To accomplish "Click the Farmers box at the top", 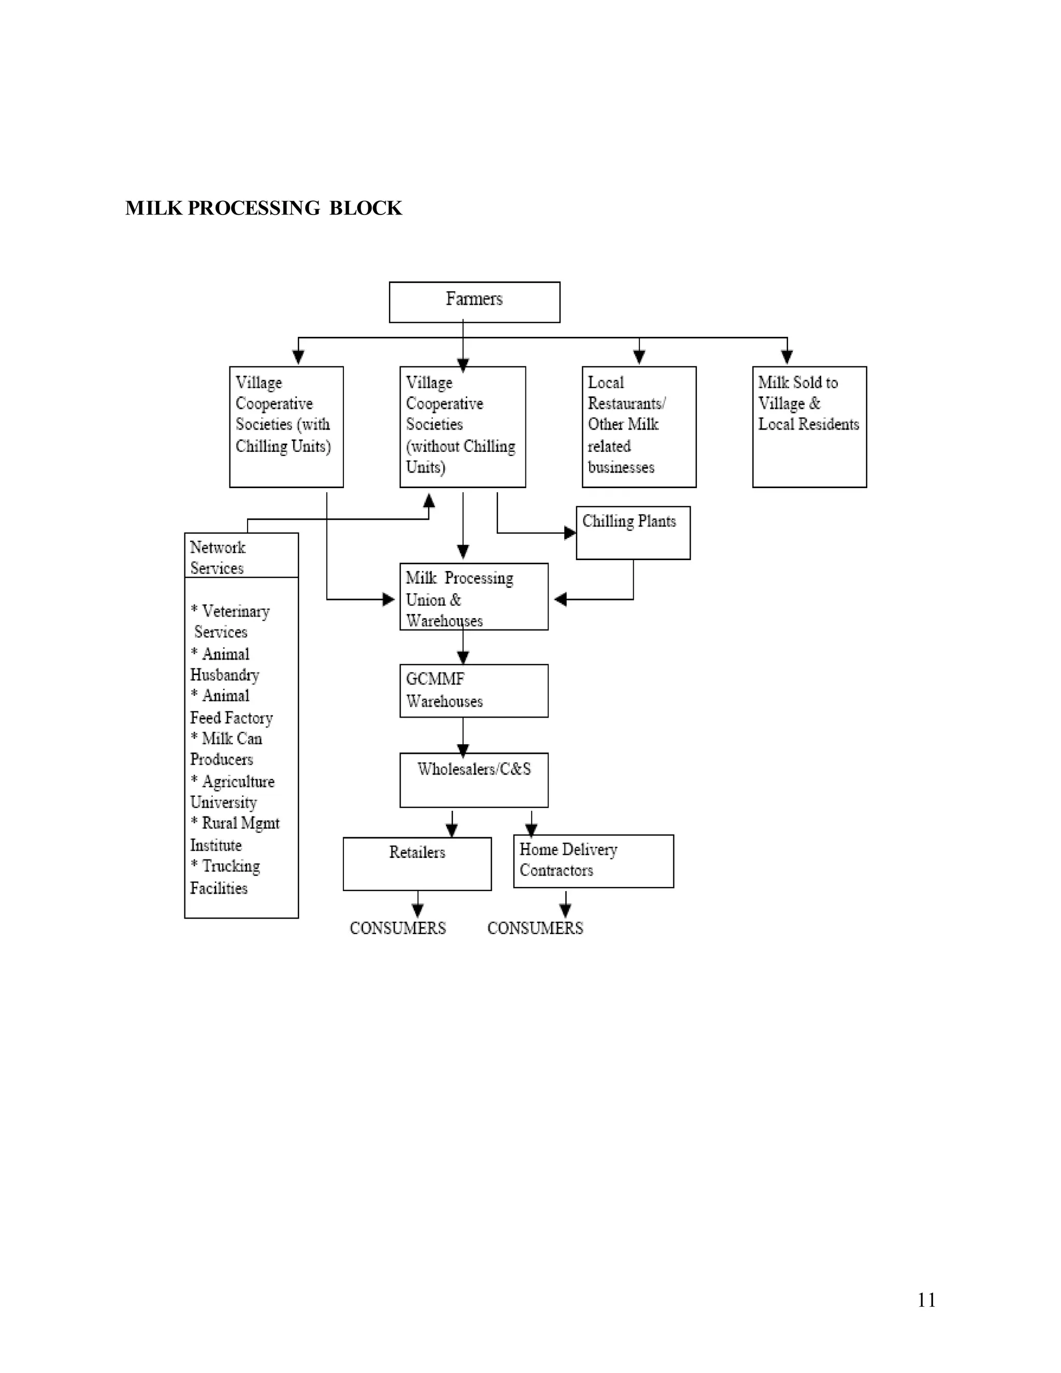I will [474, 302].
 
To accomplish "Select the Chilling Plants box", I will [633, 533].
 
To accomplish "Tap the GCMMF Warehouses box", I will [474, 690].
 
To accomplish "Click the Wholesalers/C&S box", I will [474, 780].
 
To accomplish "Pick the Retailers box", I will [417, 863].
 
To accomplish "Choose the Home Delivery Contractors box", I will [593, 861].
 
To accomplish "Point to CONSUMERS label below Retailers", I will [397, 928].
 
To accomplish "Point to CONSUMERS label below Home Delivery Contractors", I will [535, 928].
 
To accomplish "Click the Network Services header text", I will [218, 557].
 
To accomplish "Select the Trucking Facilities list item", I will [224, 877].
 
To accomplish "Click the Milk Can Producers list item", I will [226, 749].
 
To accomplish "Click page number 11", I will [926, 1300].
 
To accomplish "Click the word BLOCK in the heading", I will [365, 208].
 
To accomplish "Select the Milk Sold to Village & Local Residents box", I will [809, 426].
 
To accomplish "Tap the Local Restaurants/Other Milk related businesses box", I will [639, 426].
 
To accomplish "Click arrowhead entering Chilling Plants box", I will [570, 533].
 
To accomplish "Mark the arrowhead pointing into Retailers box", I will [451, 831].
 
